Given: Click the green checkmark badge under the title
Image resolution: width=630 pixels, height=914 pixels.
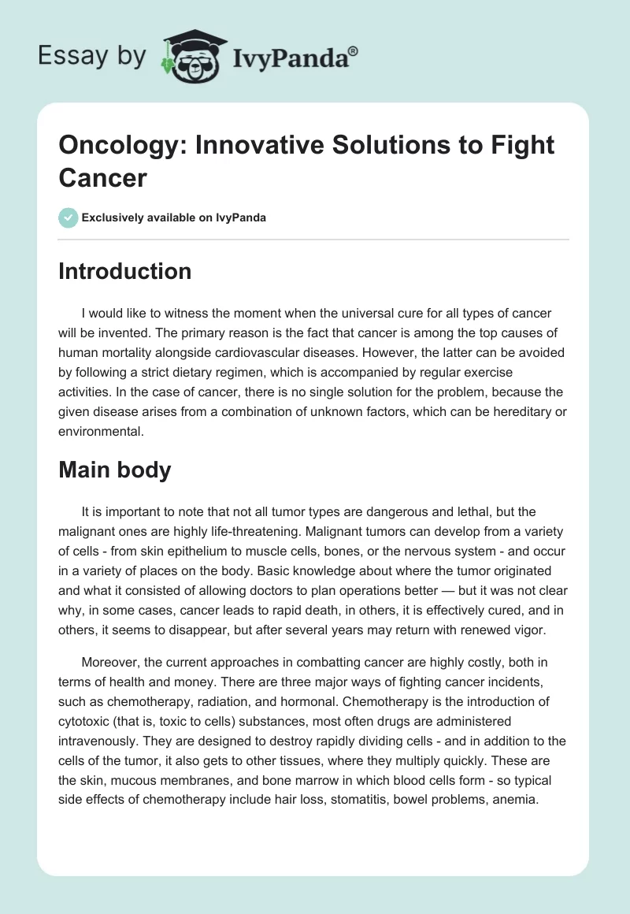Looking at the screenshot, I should pyautogui.click(x=68, y=217).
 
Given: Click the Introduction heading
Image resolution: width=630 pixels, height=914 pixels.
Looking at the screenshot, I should pyautogui.click(x=125, y=271).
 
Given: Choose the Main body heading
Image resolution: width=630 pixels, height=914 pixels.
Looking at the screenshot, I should pyautogui.click(x=115, y=470).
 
